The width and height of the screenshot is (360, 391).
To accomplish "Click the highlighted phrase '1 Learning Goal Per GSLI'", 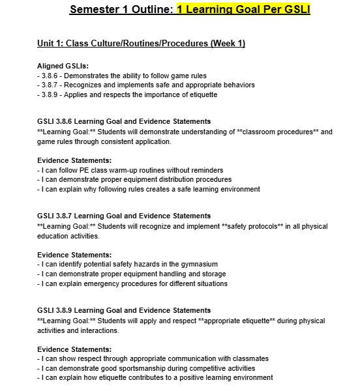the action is (243, 10).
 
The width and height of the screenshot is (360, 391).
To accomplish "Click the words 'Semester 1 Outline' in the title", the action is (121, 10).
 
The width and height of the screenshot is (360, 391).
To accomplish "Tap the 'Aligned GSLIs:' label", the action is (63, 66).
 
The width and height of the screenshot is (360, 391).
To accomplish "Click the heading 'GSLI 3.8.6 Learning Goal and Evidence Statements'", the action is (124, 121).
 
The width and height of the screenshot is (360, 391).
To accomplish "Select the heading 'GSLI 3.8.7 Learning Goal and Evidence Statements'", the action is (124, 216).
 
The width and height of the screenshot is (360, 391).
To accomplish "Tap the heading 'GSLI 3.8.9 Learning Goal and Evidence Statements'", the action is (124, 310).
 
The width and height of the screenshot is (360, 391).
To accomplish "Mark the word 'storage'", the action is (211, 274).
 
